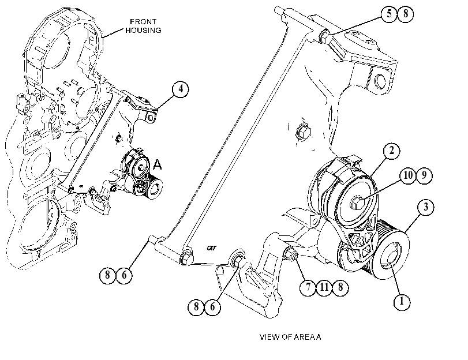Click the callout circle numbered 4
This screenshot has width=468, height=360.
181,89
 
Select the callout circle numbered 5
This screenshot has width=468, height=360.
389,14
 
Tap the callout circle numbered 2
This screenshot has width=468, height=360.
391,151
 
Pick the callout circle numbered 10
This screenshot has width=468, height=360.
408,175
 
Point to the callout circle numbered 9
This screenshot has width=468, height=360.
424,175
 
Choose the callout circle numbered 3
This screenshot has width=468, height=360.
426,207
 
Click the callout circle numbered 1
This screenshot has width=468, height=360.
402,302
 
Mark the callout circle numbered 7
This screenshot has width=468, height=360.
308,287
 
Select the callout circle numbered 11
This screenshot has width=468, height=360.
324,287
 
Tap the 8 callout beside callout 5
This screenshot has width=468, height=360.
405,14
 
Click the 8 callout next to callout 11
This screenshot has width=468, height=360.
340,287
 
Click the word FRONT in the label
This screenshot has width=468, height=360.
143,22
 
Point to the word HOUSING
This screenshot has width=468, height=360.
143,31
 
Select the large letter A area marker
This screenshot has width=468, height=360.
158,164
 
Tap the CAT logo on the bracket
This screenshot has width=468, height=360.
211,247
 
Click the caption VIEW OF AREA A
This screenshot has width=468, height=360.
290,337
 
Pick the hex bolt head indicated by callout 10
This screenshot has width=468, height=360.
357,203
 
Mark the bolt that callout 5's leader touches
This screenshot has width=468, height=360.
324,36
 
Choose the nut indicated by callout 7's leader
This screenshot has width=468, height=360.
290,254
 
